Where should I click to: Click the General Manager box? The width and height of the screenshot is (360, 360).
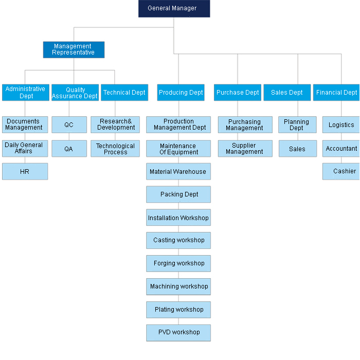(174, 9)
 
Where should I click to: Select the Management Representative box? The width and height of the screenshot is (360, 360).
(74, 49)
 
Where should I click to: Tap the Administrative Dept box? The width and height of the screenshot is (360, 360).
(26, 93)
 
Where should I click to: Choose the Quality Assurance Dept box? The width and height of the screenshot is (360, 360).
(75, 93)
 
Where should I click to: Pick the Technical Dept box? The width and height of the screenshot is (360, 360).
(124, 93)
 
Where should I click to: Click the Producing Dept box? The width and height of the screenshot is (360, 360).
(181, 93)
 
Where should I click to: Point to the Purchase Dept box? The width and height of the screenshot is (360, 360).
(238, 93)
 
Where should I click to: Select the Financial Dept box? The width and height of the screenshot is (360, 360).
(336, 93)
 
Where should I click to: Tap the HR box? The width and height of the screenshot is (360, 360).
(25, 171)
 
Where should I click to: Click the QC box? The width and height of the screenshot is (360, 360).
(69, 124)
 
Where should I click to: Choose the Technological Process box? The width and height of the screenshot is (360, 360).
(115, 149)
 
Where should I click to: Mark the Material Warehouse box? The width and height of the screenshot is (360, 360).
(178, 171)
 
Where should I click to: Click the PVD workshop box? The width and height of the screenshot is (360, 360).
(178, 333)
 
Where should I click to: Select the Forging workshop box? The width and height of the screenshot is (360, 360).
(178, 263)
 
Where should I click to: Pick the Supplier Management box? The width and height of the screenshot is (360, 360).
(245, 149)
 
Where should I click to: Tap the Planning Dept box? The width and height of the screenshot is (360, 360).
(297, 124)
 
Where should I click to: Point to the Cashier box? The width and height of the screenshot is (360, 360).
(341, 171)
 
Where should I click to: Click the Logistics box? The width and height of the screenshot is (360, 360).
(341, 124)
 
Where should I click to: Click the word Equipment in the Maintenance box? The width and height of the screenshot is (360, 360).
(184, 152)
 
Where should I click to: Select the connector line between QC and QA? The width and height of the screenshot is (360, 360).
(69, 137)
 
